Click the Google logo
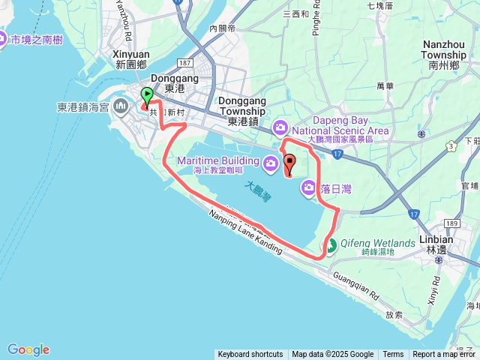(28, 349)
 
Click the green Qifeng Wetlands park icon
(330, 245)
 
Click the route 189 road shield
(451, 223)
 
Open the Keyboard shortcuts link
(250, 355)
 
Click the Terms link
(393, 355)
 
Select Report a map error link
(444, 355)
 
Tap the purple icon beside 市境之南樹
(3, 40)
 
